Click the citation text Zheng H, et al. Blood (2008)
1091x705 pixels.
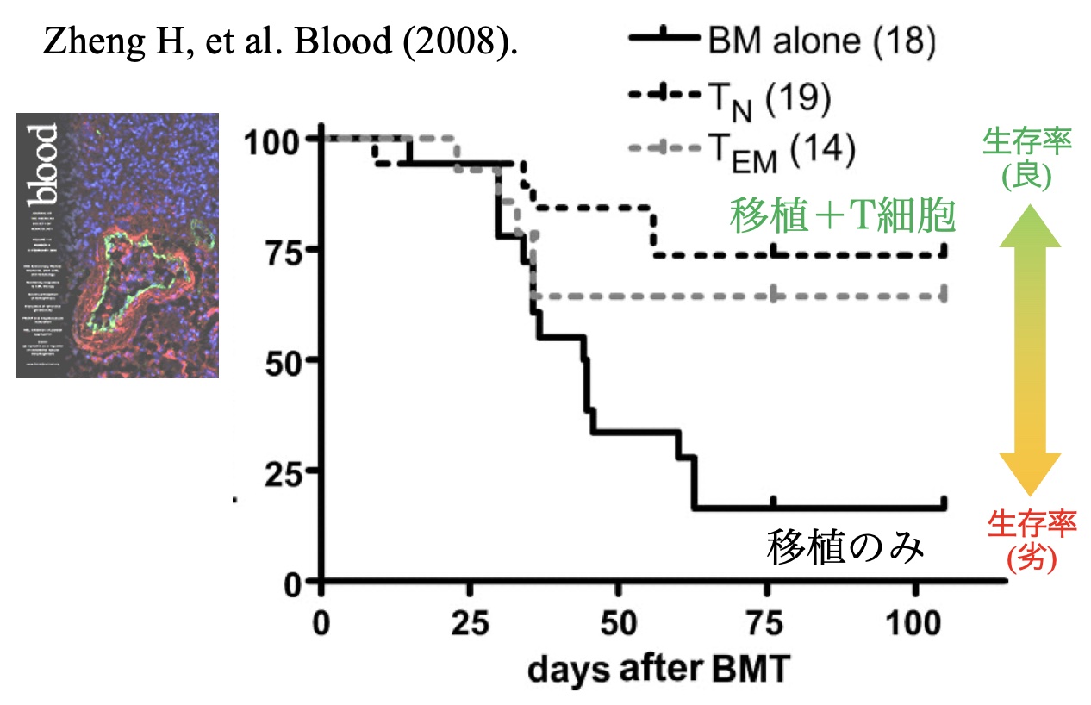point(280,41)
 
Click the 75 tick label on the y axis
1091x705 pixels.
point(285,251)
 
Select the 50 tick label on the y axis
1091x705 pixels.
point(285,361)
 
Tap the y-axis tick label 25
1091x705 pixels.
point(285,471)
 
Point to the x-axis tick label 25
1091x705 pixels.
point(469,622)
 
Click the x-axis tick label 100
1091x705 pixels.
point(915,622)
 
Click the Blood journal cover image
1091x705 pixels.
point(117,246)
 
